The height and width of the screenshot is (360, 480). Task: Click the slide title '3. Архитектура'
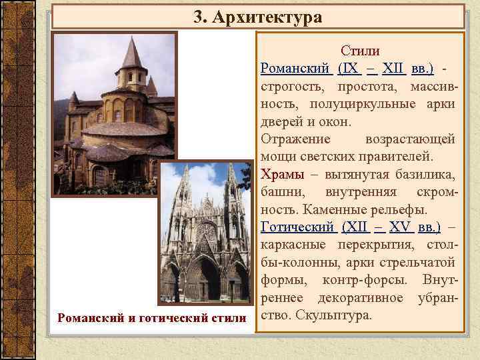(257, 16)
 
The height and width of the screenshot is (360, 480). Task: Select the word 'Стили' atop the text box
(360, 51)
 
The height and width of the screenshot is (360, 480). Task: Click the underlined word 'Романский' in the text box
(293, 69)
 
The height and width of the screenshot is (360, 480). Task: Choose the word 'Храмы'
(280, 175)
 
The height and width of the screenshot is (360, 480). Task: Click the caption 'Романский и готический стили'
(152, 317)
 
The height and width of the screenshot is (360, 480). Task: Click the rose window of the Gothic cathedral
(205, 233)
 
